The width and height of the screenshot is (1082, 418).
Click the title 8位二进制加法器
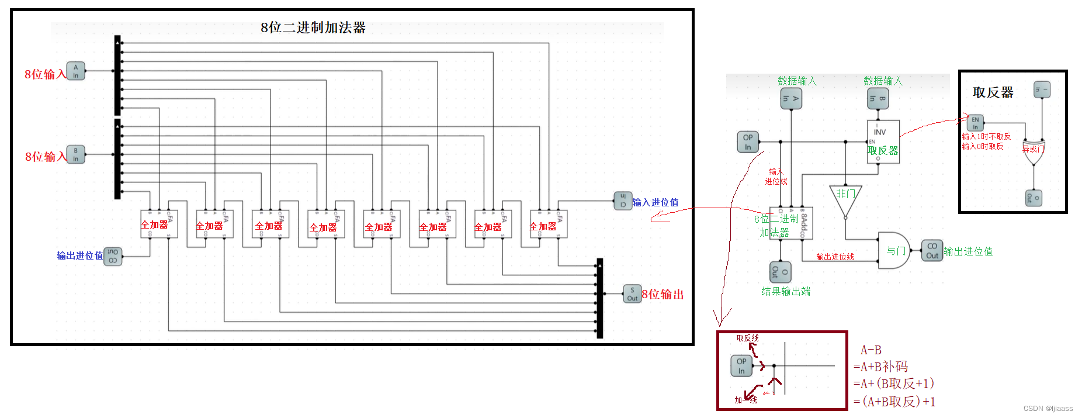313,27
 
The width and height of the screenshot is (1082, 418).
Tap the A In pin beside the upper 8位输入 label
75,71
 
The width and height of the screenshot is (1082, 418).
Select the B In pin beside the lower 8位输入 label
75,154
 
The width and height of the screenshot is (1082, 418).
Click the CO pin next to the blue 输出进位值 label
113,256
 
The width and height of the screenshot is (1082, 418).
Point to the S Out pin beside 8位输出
632,293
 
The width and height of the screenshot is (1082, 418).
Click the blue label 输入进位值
655,202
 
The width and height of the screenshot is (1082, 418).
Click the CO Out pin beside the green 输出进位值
932,250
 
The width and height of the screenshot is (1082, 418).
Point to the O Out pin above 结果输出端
780,272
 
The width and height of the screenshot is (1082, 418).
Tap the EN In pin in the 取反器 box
975,123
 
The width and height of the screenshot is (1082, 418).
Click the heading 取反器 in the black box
993,92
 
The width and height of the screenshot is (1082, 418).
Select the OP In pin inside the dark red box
741,366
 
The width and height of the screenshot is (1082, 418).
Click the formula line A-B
871,350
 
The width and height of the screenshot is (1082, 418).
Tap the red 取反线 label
747,338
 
